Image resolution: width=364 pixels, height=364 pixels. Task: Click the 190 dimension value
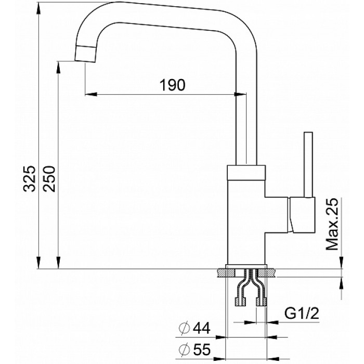171,85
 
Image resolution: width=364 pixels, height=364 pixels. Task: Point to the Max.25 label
333,224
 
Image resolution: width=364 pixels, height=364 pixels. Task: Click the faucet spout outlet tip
86,53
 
